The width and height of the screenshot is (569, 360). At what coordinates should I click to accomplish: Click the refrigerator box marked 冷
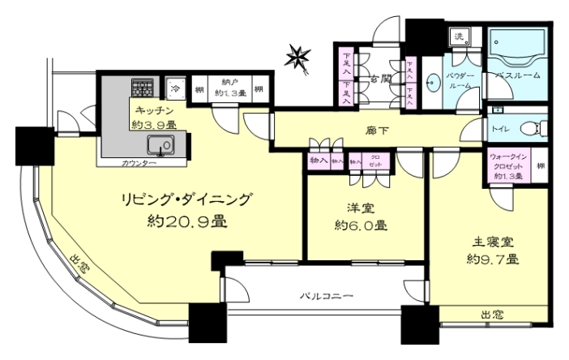[175, 87]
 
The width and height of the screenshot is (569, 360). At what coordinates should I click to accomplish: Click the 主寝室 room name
[493, 242]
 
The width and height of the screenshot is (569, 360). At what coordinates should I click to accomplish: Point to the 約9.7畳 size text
[493, 259]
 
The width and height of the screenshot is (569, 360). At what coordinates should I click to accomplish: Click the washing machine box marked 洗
[460, 37]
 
